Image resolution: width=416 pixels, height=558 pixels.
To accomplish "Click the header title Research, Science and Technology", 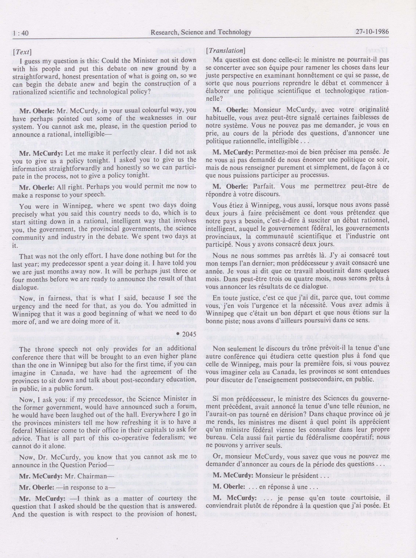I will (201, 32).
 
